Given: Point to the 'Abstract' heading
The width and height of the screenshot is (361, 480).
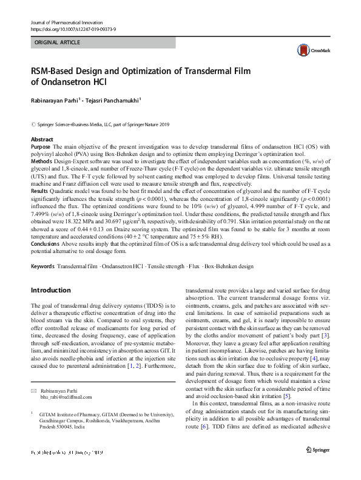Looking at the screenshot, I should tap(42, 139).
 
